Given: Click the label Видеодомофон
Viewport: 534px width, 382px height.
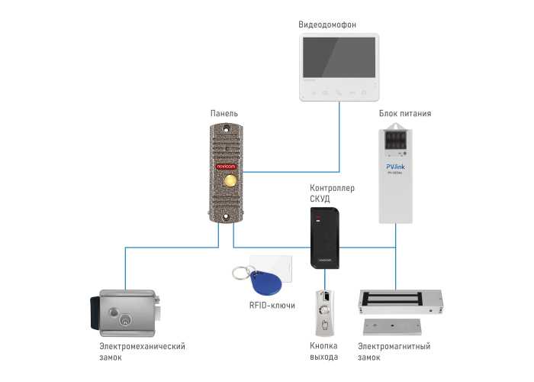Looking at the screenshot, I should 338,25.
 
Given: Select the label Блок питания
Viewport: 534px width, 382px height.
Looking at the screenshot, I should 405,113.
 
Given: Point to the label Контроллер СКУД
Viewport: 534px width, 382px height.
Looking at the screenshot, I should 332,193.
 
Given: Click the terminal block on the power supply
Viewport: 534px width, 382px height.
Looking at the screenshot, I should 397,141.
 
